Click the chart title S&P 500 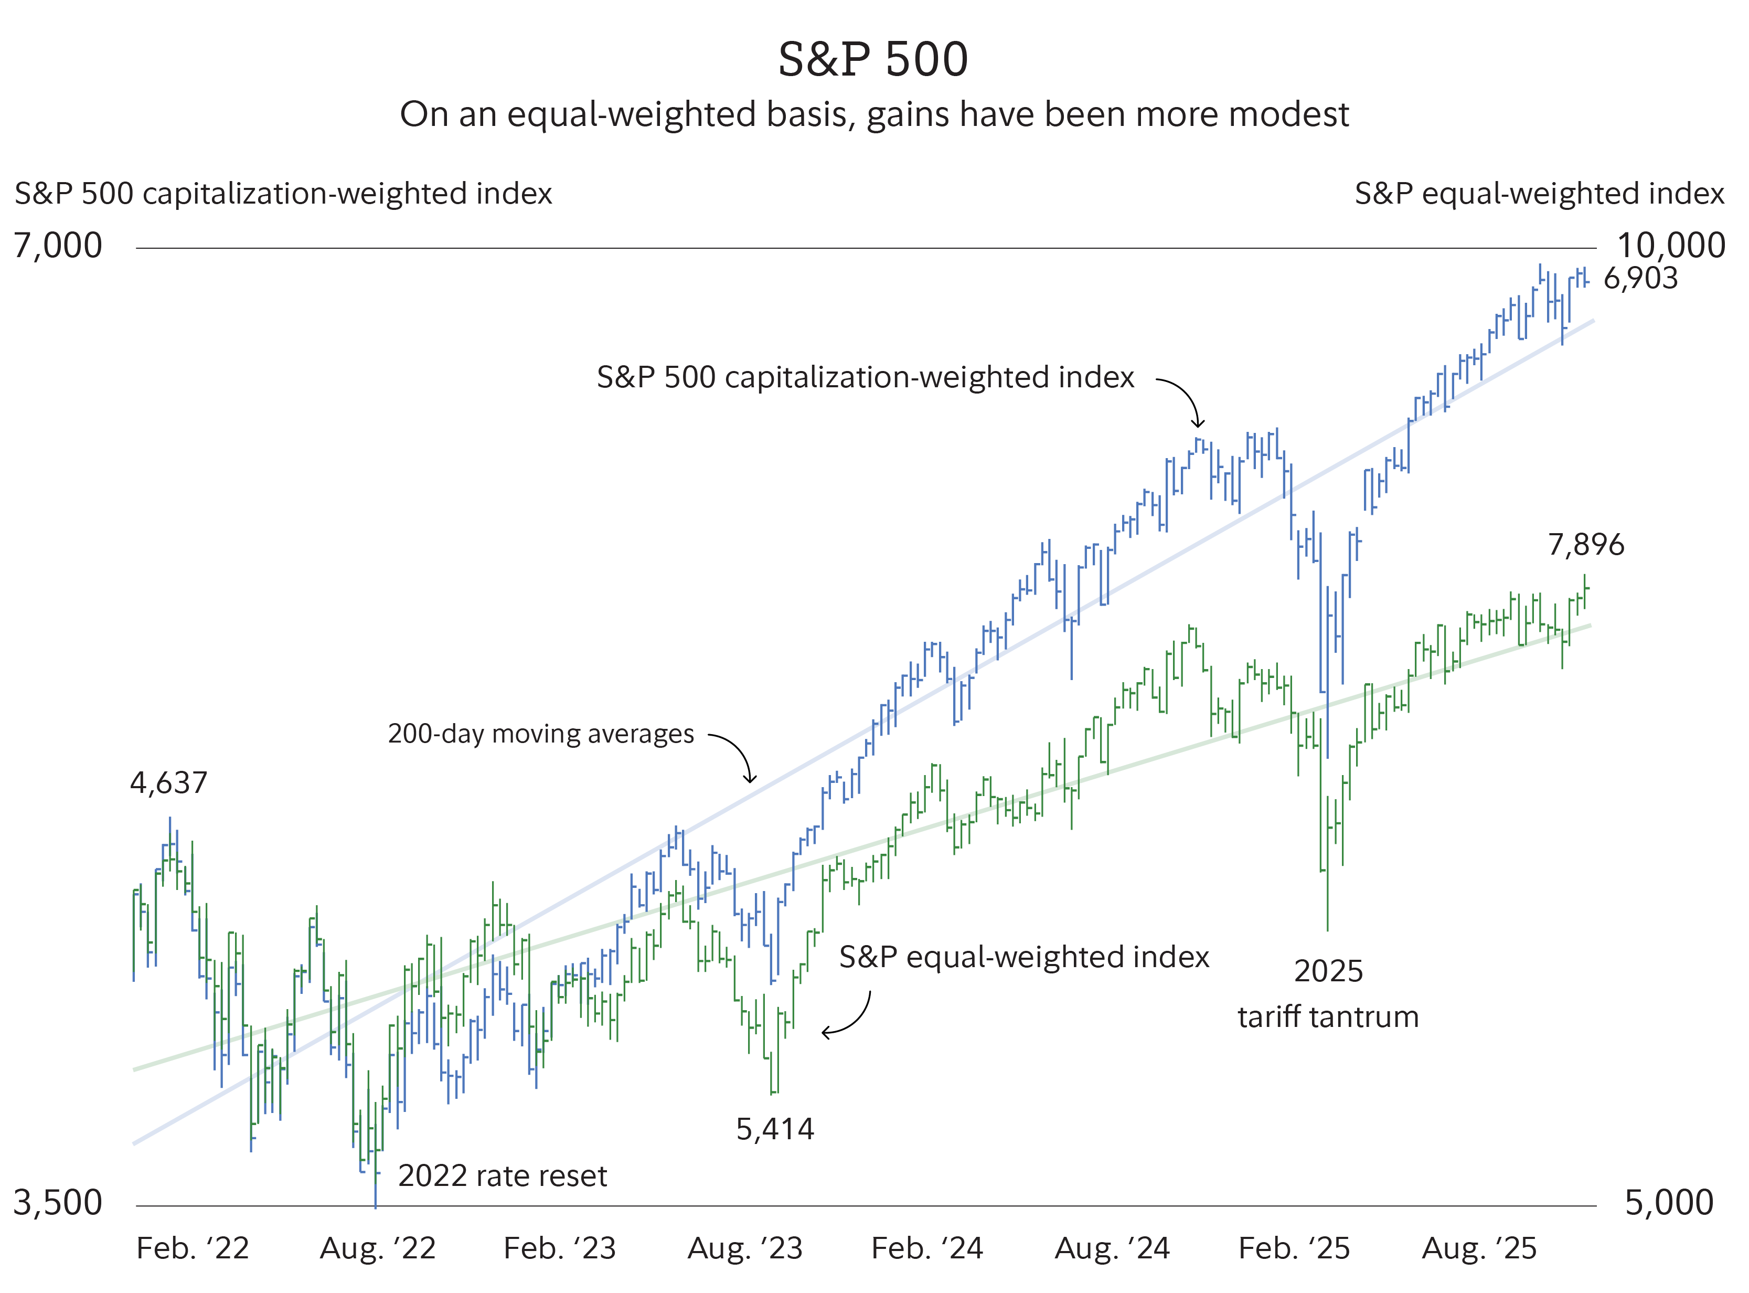pyautogui.click(x=873, y=59)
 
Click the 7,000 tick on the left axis pyautogui.click(x=58, y=246)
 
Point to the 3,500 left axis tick pyautogui.click(x=58, y=1202)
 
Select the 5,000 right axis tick pyautogui.click(x=1669, y=1202)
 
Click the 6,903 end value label pyautogui.click(x=1641, y=279)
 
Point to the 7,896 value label pyautogui.click(x=1586, y=545)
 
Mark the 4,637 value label pyautogui.click(x=169, y=783)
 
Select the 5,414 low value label pyautogui.click(x=775, y=1129)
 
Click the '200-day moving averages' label pyautogui.click(x=541, y=734)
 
